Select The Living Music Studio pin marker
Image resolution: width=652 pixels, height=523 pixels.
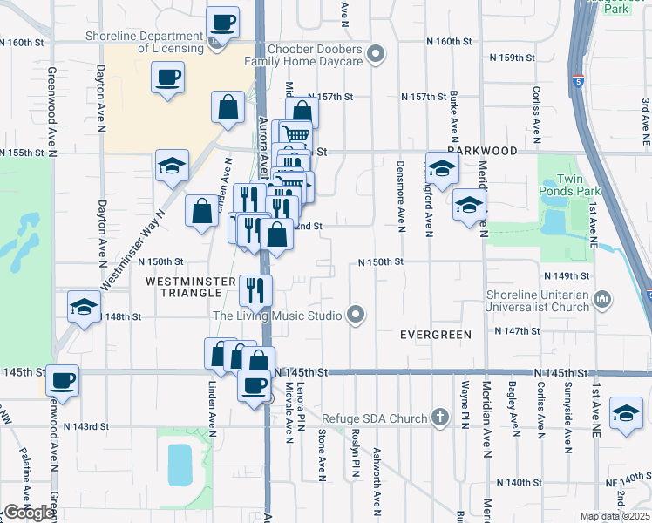[355, 315]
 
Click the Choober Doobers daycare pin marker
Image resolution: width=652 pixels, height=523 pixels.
[377, 55]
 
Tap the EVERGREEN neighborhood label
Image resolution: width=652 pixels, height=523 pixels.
[435, 335]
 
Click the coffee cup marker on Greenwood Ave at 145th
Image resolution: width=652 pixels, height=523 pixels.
[63, 380]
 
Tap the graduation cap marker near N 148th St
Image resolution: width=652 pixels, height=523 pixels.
[84, 307]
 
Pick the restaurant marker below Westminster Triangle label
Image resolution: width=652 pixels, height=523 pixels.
[255, 289]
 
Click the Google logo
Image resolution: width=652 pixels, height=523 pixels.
[29, 513]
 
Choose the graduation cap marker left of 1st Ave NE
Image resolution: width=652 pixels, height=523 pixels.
[625, 415]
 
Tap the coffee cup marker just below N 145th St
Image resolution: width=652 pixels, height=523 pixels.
[255, 385]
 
